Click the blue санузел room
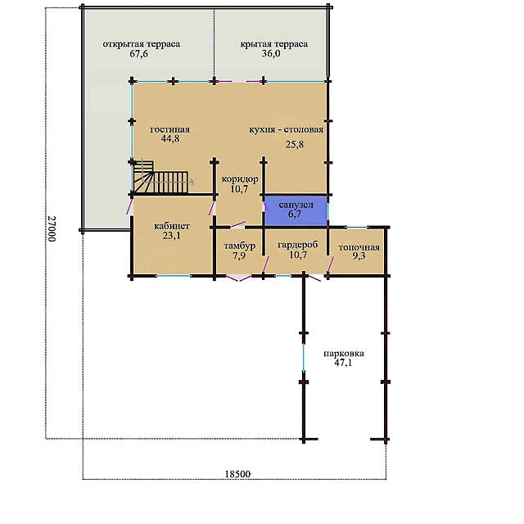click(x=296, y=211)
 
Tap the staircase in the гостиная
click(x=160, y=178)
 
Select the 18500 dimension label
click(x=237, y=474)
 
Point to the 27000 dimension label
click(x=52, y=228)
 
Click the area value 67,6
click(x=138, y=54)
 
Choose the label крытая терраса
click(x=274, y=44)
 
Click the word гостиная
click(x=170, y=129)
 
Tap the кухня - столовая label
click(x=287, y=129)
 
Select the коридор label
click(x=240, y=179)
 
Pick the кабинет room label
click(x=172, y=226)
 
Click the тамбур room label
click(x=240, y=246)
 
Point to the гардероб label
click(x=298, y=245)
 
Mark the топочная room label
click(x=359, y=247)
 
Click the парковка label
click(x=344, y=354)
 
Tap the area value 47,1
click(x=343, y=363)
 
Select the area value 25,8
click(x=295, y=144)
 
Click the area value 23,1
click(x=172, y=236)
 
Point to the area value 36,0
click(x=271, y=54)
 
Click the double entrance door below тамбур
click(x=238, y=278)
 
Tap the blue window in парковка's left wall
click(x=304, y=358)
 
